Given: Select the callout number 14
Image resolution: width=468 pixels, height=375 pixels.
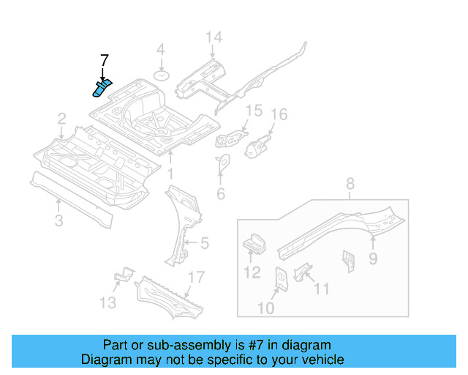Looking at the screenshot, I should pos(213,38).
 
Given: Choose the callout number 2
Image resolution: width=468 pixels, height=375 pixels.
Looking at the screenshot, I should pos(62,118).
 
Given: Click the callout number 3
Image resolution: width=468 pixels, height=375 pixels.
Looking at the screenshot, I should pos(59,220).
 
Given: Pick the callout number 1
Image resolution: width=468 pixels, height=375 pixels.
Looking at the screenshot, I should pos(170,174).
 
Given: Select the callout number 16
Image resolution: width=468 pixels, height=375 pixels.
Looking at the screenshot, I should pos(279,115).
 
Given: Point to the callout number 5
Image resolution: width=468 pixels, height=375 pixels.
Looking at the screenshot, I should pos(204,242).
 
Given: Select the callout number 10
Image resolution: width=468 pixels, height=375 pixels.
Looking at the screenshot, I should pos(265,308).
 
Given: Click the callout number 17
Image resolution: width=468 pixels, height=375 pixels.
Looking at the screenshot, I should pos(195,277).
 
